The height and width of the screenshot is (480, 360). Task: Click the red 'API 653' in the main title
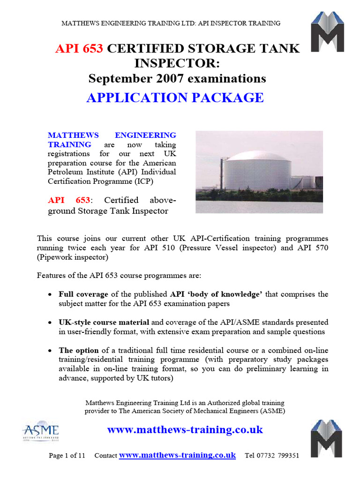click(80, 49)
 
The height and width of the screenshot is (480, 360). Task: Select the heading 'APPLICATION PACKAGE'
click(175, 97)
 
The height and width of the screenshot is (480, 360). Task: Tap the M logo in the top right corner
click(328, 31)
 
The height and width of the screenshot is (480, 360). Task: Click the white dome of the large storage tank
click(257, 156)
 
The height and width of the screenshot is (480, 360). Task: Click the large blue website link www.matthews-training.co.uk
click(185, 429)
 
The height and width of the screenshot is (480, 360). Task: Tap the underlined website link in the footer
click(177, 455)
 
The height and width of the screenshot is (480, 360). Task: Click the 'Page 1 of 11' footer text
click(67, 456)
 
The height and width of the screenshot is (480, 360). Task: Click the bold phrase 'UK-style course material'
click(104, 322)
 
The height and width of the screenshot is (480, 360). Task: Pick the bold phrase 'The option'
click(79, 350)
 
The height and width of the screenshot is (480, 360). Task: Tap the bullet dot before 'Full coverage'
click(50, 295)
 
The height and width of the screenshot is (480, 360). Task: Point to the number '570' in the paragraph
click(320, 248)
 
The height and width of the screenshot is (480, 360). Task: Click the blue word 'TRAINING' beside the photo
click(70, 144)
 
